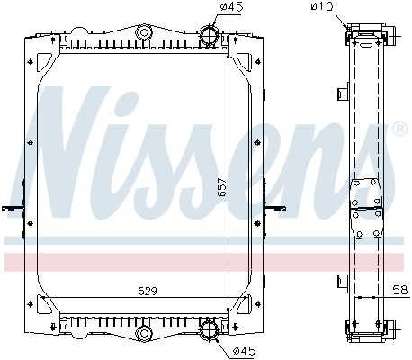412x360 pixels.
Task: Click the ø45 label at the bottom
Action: coord(244,350)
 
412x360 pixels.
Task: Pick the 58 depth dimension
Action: coord(399,291)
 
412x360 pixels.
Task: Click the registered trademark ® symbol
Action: coord(400,130)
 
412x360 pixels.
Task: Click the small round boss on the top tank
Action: coord(142,33)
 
